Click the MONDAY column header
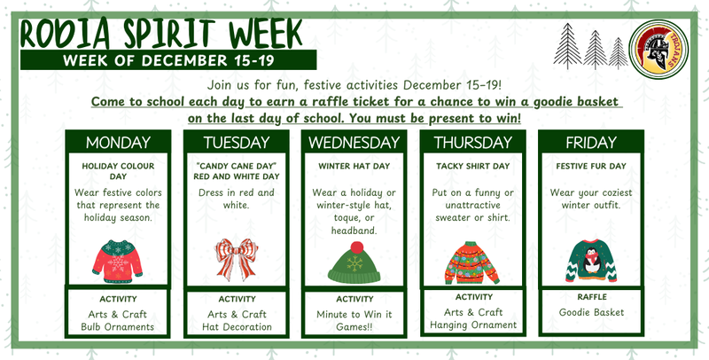117,143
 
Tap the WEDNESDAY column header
354,143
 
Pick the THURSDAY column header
473,143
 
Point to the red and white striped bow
236,261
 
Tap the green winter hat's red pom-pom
357,246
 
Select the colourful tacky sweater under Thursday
472,262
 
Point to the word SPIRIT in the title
169,32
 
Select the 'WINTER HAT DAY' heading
354,166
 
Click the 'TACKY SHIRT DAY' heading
473,166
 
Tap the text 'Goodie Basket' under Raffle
592,312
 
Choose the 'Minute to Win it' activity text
354,314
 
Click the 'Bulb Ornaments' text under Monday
117,327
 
